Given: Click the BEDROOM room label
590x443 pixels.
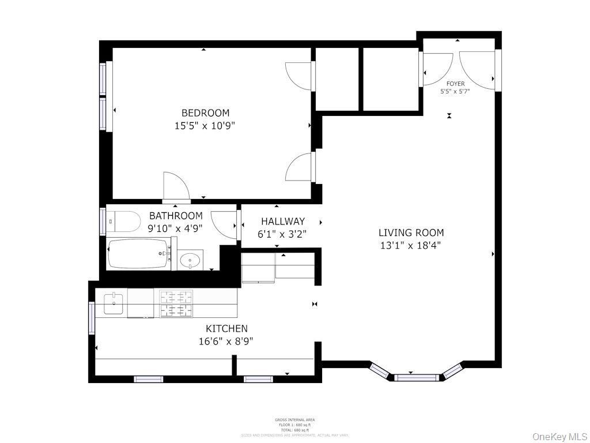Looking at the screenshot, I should [205, 113].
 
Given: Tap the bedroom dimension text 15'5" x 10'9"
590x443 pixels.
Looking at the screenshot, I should [205, 125].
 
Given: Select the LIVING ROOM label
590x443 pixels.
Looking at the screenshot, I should [411, 233].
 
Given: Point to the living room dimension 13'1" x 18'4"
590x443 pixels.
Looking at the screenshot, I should [411, 245].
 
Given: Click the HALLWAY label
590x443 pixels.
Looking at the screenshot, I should [282, 221].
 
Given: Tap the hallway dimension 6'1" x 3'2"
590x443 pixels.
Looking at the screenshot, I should [282, 234].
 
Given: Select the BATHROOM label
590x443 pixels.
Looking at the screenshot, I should [176, 216].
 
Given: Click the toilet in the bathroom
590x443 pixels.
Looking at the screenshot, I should [126, 220].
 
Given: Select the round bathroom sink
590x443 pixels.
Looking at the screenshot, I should [190, 261].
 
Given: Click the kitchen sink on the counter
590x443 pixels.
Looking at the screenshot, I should [114, 303].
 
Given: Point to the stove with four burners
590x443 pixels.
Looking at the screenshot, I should [176, 303].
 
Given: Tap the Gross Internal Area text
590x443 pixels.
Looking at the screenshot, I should [295, 420].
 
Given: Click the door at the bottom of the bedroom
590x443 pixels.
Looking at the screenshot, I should [176, 187].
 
